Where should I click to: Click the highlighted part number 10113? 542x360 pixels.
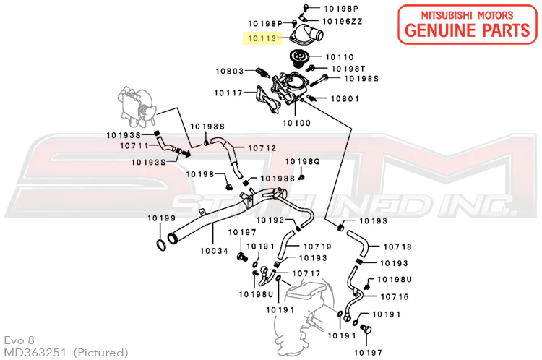(262, 38)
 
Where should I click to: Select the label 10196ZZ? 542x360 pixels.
(343, 22)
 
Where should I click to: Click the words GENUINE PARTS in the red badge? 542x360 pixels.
(468, 30)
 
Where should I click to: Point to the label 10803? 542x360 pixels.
(230, 72)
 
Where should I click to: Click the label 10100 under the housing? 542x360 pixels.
(296, 123)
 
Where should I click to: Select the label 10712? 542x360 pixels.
(262, 148)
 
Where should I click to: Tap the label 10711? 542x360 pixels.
(134, 145)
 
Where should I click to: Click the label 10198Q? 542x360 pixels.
(303, 161)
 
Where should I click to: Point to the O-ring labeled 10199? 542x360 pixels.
(160, 245)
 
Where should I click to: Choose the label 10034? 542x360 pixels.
(215, 251)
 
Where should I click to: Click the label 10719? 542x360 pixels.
(317, 247)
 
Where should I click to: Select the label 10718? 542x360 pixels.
(397, 247)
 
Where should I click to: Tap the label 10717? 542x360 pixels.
(306, 273)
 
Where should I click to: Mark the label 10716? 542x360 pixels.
(395, 296)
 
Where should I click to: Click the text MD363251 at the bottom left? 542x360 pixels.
(35, 353)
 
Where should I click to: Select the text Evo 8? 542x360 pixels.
(19, 340)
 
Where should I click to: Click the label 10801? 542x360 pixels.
(345, 99)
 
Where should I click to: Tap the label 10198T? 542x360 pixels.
(348, 69)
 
